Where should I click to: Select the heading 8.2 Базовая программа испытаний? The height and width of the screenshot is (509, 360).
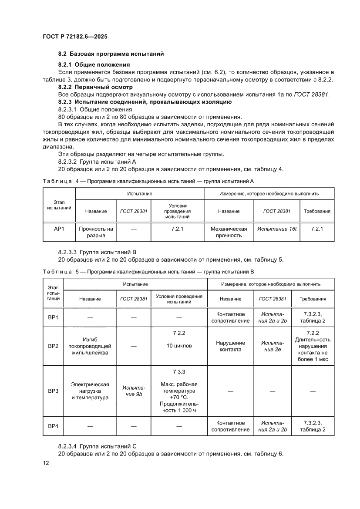(x=111, y=54)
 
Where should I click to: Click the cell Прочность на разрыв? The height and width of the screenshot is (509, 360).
(x=96, y=232)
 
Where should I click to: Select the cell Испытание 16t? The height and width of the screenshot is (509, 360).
(x=276, y=229)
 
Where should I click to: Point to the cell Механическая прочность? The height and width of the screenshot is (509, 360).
(x=229, y=232)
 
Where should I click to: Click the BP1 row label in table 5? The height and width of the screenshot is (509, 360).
(x=53, y=317)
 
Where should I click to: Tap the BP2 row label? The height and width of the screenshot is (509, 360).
(x=53, y=346)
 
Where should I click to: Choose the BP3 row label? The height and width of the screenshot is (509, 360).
(x=53, y=391)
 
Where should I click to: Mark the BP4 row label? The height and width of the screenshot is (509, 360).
(x=53, y=426)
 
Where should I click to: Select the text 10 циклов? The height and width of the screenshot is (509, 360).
(x=179, y=346)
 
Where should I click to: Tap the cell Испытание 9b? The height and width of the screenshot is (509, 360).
(x=133, y=391)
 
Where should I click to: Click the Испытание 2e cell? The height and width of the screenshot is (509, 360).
(x=272, y=346)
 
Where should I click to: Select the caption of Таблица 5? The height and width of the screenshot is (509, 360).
(x=148, y=272)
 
